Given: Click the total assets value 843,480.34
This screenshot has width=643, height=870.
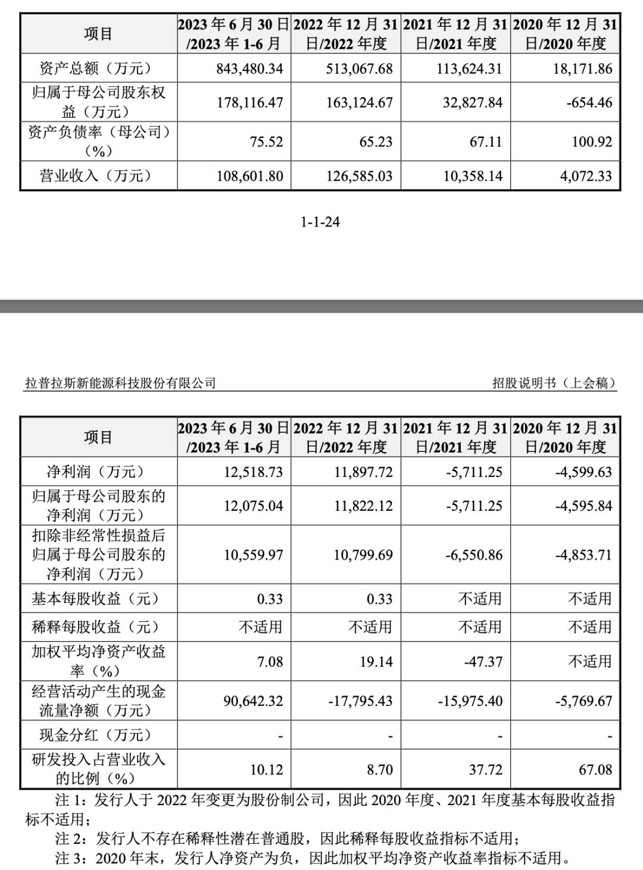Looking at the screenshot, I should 250,69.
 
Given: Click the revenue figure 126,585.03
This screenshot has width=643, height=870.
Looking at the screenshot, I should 360,177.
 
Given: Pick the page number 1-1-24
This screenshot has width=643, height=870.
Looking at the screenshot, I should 320,222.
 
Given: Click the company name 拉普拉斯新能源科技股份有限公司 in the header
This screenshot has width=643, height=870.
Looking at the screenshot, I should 120,383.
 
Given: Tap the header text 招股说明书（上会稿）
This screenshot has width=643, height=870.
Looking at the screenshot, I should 554,383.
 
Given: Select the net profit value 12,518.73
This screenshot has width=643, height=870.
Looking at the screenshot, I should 253,473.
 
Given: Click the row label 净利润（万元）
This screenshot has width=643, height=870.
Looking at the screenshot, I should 96,473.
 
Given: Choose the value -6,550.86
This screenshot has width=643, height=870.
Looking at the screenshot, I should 474,555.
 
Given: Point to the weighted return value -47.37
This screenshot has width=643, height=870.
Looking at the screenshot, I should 483,662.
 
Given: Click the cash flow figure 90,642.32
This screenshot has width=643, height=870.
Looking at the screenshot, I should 253,702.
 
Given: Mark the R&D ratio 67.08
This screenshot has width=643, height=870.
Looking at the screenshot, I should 595,770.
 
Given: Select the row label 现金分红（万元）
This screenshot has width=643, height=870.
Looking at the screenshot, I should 96,736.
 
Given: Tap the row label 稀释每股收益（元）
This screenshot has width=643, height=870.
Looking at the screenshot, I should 96,627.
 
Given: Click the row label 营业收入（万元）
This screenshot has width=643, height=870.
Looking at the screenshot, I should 96,177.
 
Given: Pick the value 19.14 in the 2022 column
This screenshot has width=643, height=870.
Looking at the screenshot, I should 376,662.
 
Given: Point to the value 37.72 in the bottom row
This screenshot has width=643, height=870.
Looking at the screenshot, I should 486,770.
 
